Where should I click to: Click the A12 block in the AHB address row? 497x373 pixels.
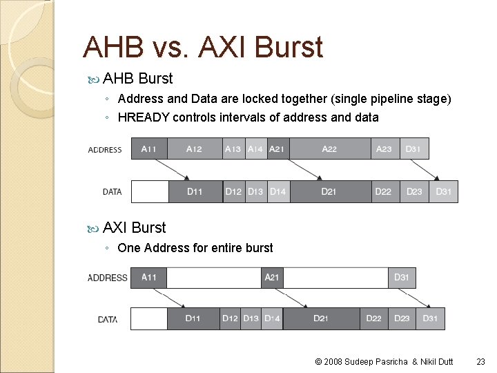point(195,149)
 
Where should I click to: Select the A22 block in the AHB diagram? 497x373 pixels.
point(329,149)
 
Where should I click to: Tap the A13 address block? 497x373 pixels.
point(234,149)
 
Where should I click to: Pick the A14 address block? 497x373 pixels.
point(255,149)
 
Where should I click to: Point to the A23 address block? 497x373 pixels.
point(384,149)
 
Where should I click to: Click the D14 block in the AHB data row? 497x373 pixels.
point(277,191)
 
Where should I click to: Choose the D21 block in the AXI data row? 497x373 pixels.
point(320,318)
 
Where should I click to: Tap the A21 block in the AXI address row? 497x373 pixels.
point(273,278)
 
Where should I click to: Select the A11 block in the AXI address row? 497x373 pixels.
point(148,278)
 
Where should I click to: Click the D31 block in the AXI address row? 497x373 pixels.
point(402,278)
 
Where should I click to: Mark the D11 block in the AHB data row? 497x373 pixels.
point(195,191)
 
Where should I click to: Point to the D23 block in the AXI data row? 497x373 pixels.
point(402,318)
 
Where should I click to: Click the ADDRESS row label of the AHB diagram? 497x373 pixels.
point(105,149)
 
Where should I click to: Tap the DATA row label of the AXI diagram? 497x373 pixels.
point(108,319)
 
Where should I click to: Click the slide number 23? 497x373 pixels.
point(481,361)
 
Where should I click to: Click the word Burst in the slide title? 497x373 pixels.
point(289,47)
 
